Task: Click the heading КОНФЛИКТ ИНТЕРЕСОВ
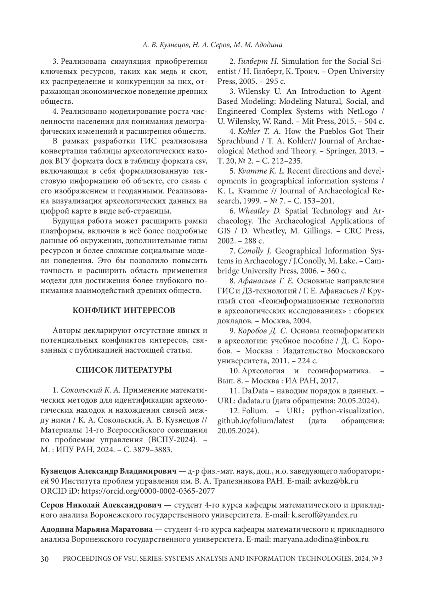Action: pyautogui.click(x=124, y=311)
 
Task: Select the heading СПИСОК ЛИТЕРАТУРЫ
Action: pyautogui.click(x=124, y=370)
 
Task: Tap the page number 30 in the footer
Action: pyautogui.click(x=45, y=559)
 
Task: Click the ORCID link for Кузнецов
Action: pyautogui.click(x=148, y=491)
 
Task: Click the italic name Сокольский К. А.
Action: pyautogui.click(x=91, y=390)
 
